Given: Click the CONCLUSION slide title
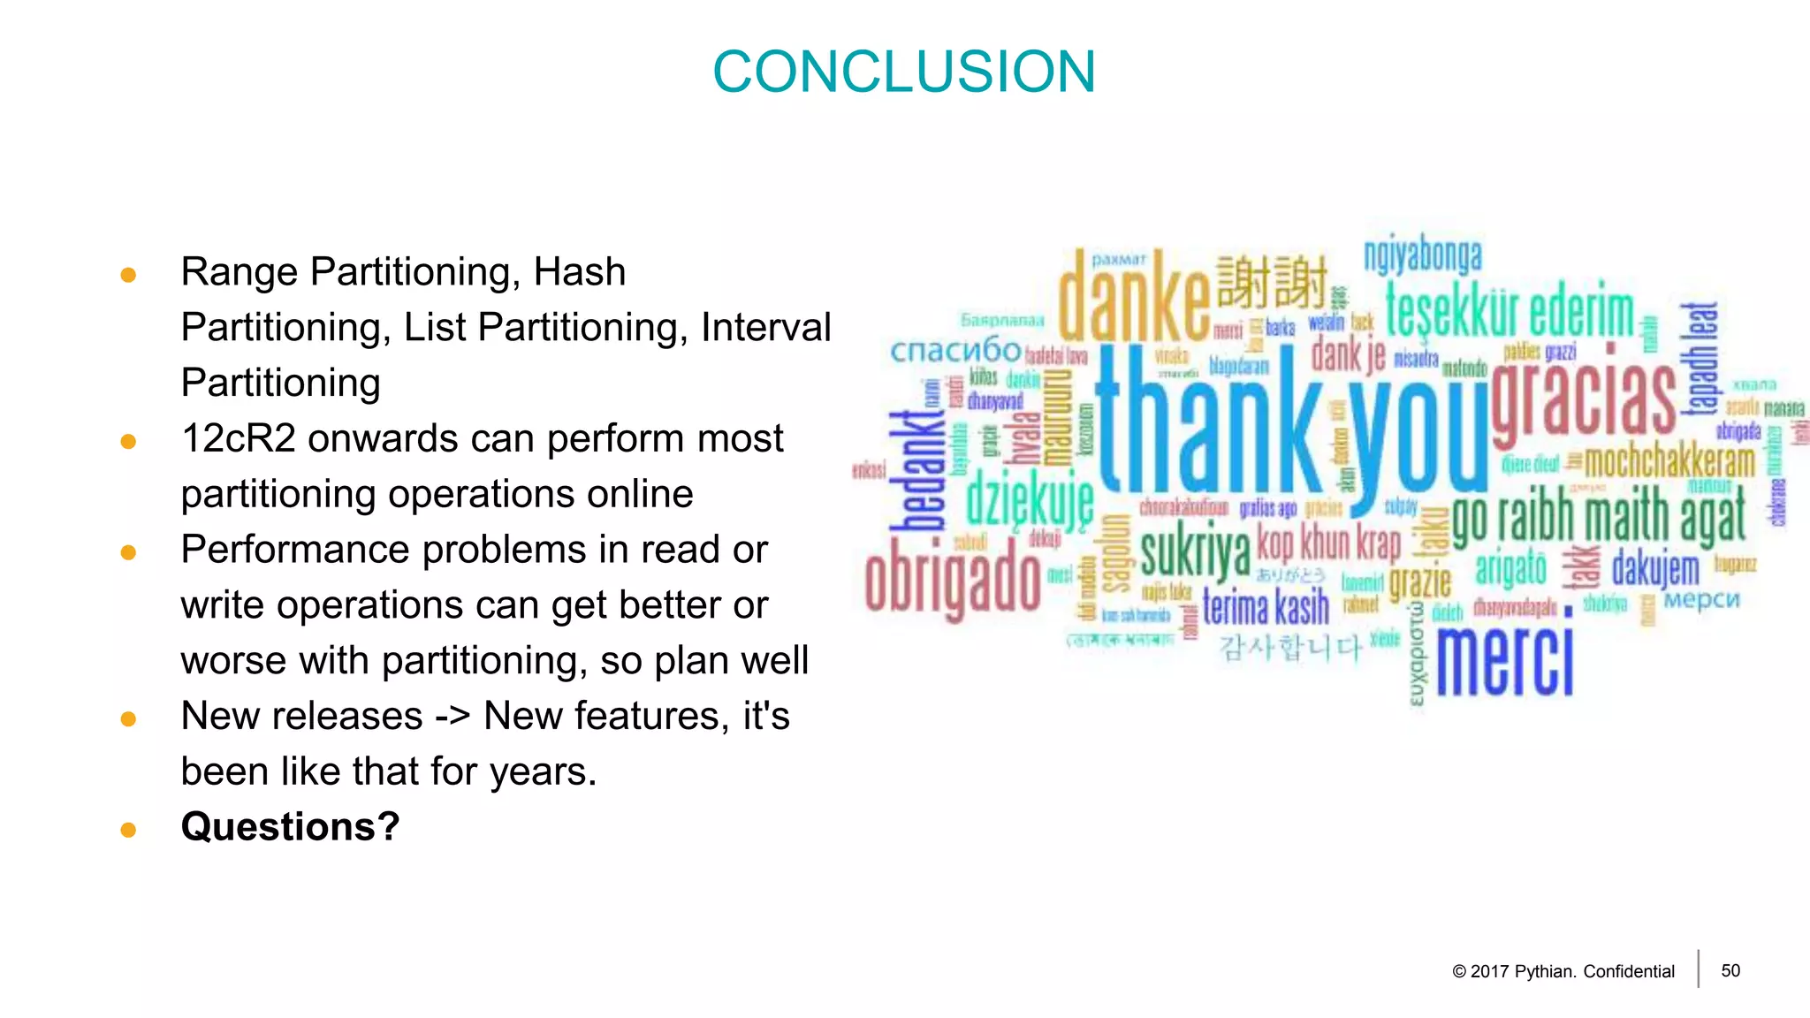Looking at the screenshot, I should pyautogui.click(x=903, y=72).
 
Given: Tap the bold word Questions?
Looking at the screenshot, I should pyautogui.click(x=290, y=827).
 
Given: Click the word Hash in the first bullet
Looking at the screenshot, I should pyautogui.click(x=580, y=271).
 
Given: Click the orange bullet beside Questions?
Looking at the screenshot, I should pyautogui.click(x=128, y=830).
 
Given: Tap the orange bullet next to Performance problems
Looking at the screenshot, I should pyautogui.click(x=128, y=552).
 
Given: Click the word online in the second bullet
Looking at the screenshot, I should pyautogui.click(x=640, y=494).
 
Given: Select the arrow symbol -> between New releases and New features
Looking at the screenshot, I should pyautogui.click(x=452, y=716).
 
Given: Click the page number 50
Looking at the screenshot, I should pyautogui.click(x=1730, y=970).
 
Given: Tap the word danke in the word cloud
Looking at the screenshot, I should pyautogui.click(x=1134, y=297).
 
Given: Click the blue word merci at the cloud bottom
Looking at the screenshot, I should pyautogui.click(x=1504, y=660).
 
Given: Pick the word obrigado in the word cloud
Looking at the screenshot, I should pyautogui.click(x=953, y=582).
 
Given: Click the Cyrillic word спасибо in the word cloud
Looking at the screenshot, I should pyautogui.click(x=955, y=351).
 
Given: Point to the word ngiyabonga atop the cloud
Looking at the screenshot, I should pyautogui.click(x=1422, y=255).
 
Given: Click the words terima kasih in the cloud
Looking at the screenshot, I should pyautogui.click(x=1266, y=607).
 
